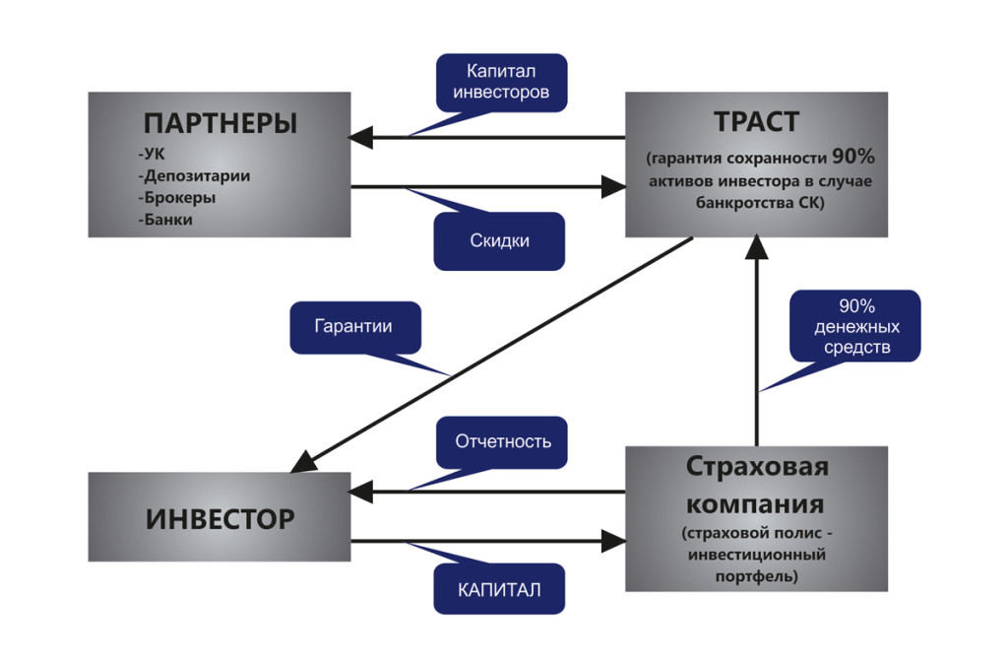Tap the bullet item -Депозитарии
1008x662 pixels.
195,176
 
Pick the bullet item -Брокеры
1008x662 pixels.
178,198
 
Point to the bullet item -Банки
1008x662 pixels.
166,220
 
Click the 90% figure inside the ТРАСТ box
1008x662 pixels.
853,157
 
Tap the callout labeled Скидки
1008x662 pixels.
499,240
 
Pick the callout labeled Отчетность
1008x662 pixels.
502,441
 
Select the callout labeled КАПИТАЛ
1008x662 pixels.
499,589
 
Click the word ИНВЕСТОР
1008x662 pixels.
220,518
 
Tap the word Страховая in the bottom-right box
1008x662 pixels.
756,466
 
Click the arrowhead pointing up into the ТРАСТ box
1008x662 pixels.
756,245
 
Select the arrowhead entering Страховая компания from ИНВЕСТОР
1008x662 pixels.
615,540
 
